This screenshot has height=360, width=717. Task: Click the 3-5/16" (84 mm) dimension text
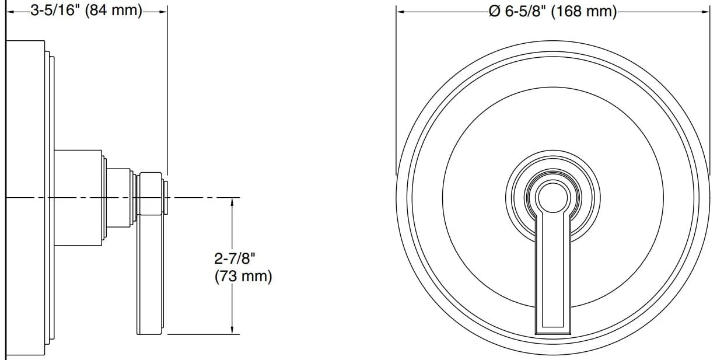86,11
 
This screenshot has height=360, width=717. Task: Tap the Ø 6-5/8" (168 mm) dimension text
553,12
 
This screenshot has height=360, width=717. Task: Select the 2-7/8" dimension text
235,258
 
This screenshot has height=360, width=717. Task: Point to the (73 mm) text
243,276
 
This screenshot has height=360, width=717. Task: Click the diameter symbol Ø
494,12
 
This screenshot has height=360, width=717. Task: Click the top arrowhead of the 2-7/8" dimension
232,202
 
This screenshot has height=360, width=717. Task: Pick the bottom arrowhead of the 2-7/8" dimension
232,330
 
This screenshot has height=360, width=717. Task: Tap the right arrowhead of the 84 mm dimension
163,12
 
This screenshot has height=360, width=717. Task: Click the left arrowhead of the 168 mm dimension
400,12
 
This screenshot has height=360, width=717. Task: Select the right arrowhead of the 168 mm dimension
706,12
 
